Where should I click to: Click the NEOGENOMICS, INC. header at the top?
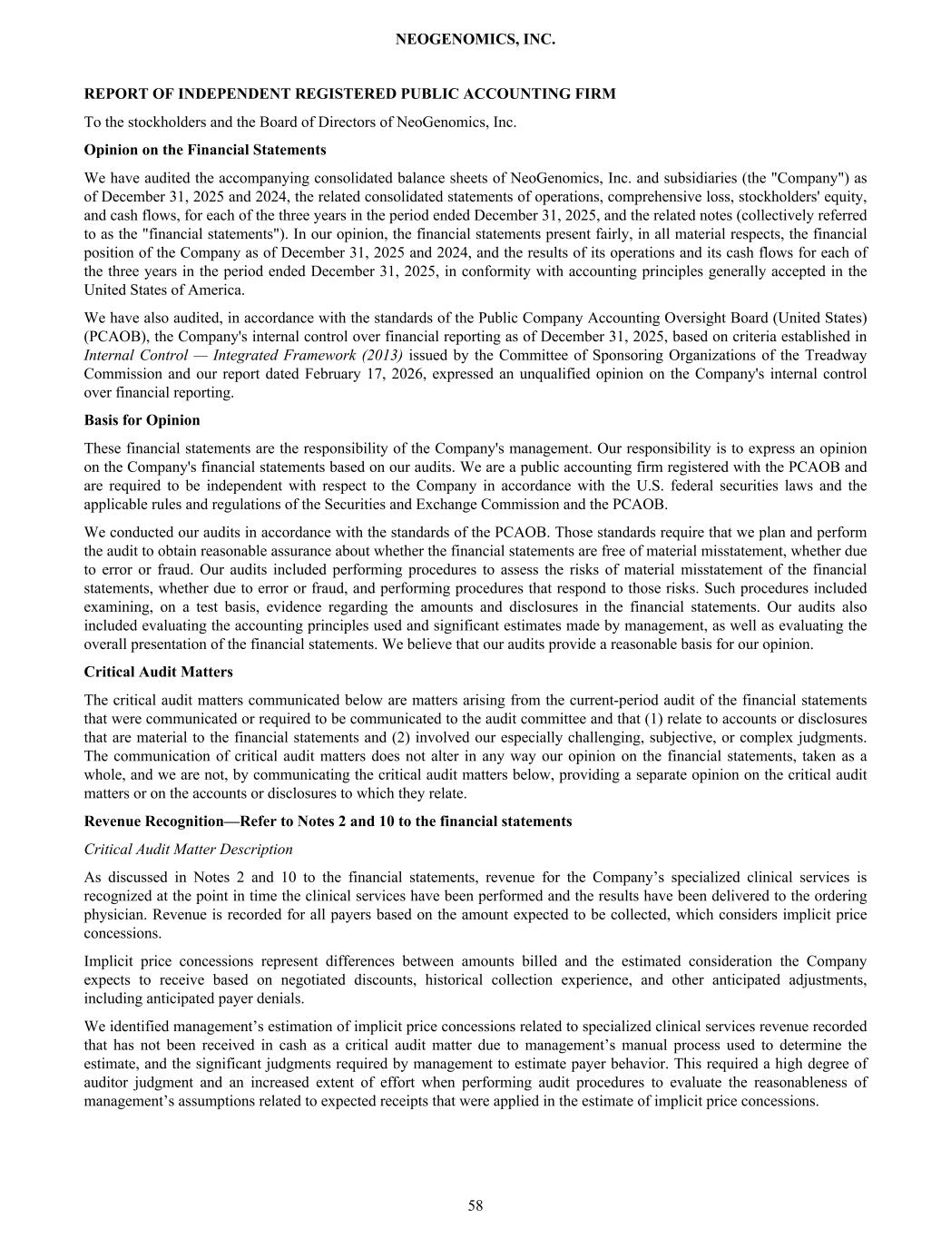click(475, 40)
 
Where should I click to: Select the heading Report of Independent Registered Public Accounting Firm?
click(349, 93)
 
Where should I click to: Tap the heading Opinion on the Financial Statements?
click(205, 150)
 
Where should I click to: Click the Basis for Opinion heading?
click(142, 420)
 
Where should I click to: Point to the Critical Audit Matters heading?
click(158, 672)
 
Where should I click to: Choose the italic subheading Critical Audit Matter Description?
click(188, 850)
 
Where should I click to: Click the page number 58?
click(475, 1205)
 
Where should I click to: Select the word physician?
click(113, 915)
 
